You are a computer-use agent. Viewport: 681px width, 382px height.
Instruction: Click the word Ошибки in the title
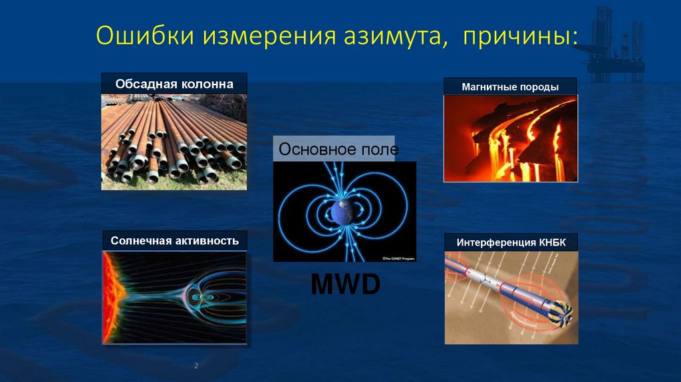tap(137, 35)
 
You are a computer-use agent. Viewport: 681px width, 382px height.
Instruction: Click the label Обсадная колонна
tap(174, 85)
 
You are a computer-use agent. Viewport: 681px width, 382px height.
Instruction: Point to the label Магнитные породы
tap(510, 87)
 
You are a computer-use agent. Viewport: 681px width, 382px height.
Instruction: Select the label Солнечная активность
tap(175, 240)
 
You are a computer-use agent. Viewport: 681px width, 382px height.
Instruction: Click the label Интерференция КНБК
tap(511, 243)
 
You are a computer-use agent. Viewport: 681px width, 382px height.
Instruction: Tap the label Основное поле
tap(338, 149)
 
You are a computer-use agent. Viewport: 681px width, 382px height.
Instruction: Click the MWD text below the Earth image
tap(345, 285)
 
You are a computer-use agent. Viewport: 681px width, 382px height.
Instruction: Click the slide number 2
tap(196, 366)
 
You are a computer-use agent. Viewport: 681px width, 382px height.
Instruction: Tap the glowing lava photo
tap(510, 138)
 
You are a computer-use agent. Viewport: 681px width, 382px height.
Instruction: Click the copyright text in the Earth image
tap(397, 258)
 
